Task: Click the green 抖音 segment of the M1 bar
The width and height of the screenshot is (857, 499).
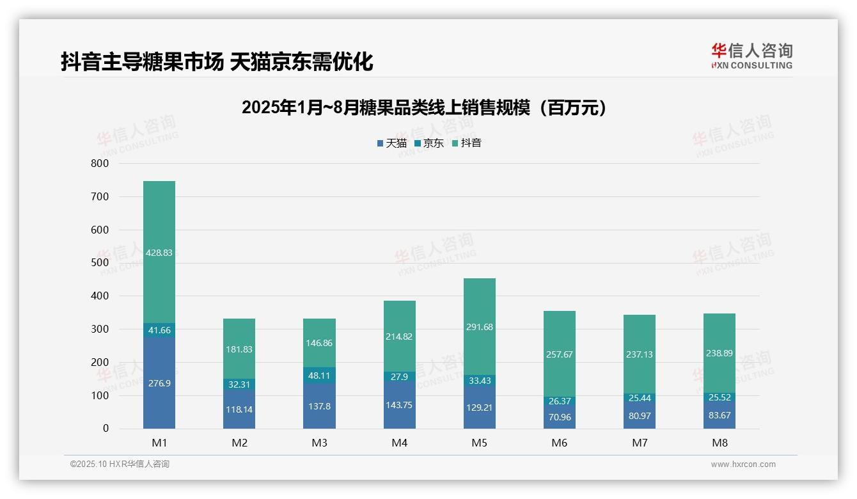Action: click(159, 252)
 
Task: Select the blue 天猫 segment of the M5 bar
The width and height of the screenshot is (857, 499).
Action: click(480, 407)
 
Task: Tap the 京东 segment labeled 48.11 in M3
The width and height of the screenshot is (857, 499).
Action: click(319, 376)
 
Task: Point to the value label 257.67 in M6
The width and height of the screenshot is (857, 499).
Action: click(560, 354)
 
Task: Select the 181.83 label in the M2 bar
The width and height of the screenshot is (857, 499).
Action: click(239, 349)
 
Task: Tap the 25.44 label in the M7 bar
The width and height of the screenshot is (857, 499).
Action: click(640, 398)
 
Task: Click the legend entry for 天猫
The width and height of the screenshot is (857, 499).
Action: click(391, 143)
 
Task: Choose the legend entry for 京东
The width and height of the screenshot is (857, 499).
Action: click(428, 143)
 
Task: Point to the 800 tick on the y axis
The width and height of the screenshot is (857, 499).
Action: click(100, 164)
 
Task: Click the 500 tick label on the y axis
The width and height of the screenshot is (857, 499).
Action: click(100, 263)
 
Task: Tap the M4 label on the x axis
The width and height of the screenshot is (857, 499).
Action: click(400, 443)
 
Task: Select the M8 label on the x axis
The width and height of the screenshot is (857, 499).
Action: click(719, 443)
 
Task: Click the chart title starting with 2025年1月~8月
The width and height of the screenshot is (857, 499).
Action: click(423, 108)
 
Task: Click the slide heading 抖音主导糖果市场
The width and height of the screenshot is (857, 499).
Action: click(217, 62)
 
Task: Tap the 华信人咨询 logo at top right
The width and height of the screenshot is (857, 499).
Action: click(751, 56)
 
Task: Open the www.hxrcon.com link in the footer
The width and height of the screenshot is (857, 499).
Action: click(743, 464)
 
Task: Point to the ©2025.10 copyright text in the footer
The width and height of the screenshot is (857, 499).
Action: click(120, 464)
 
